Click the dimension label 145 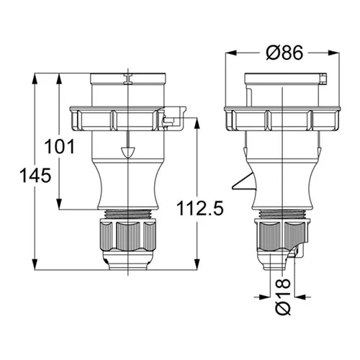35,175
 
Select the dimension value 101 60,147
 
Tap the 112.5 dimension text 200,208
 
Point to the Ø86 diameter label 284,53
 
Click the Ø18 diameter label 283,297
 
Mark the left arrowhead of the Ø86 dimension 231,53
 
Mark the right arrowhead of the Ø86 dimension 334,53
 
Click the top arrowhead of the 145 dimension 35,79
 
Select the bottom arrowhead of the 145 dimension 35,264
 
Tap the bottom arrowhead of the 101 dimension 59,204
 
